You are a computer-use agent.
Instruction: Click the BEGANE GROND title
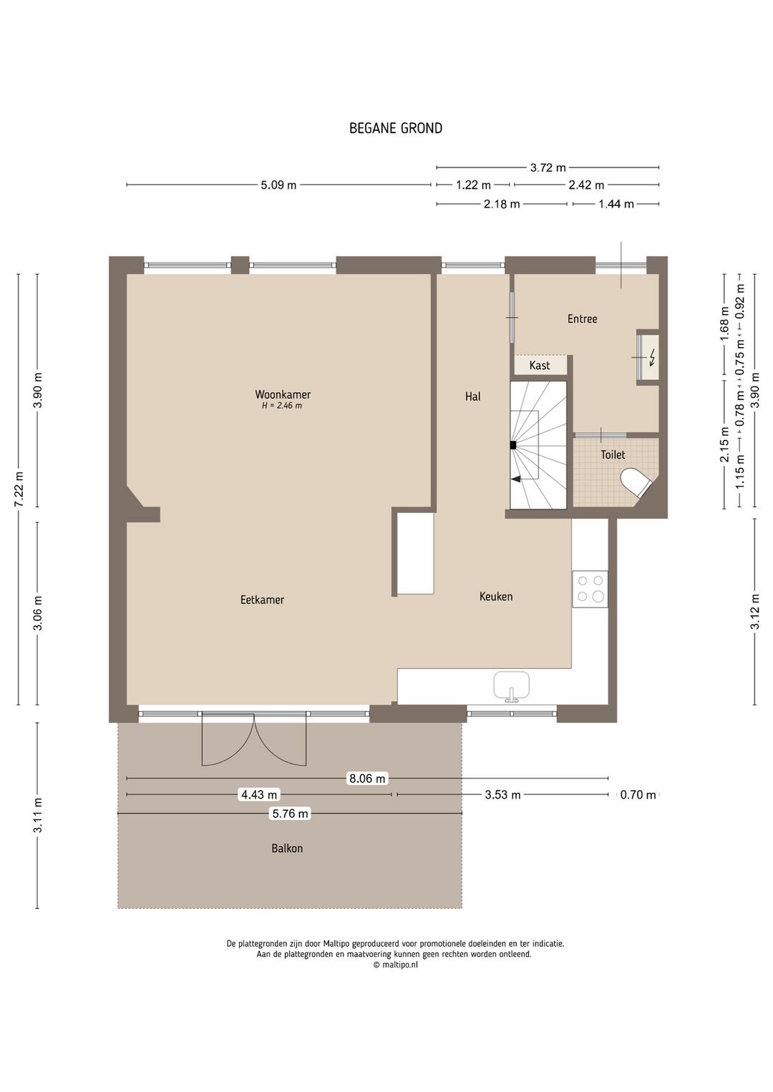coord(396,128)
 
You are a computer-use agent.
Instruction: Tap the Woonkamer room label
coord(283,394)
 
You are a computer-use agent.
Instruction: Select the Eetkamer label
coord(263,600)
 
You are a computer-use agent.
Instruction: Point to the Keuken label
coord(496,596)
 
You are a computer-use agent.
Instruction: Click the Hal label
coord(472,396)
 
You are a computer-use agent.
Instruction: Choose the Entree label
coord(583,319)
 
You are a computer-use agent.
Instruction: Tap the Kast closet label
coord(540,365)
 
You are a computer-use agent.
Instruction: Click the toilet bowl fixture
coord(636,482)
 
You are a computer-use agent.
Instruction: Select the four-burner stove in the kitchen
coord(590,588)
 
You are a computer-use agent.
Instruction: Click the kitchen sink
coord(511,686)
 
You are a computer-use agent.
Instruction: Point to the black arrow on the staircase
coord(515,479)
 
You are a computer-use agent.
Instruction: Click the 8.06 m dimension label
coord(366,779)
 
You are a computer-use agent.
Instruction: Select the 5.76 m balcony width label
coord(290,813)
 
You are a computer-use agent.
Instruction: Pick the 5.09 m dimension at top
coord(278,185)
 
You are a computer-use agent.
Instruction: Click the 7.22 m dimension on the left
coord(19,489)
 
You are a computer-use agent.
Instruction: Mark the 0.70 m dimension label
coord(638,795)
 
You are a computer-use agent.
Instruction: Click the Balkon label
coord(287,848)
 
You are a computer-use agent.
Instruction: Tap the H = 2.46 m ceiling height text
coord(282,406)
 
